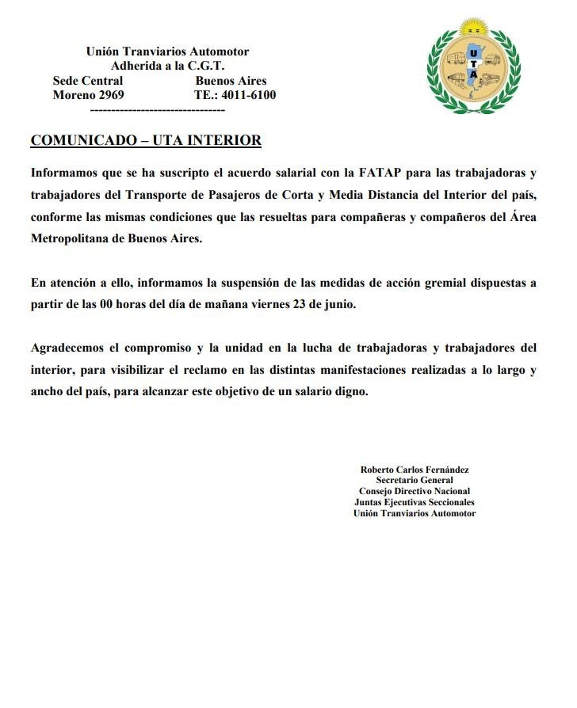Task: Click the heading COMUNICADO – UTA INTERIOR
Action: point(145,141)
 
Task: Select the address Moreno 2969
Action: point(88,95)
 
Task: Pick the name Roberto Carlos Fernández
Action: point(415,470)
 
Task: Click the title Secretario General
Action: point(415,481)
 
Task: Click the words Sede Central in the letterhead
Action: point(87,81)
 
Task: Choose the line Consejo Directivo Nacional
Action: point(415,491)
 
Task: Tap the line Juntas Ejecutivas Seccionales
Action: point(415,502)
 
